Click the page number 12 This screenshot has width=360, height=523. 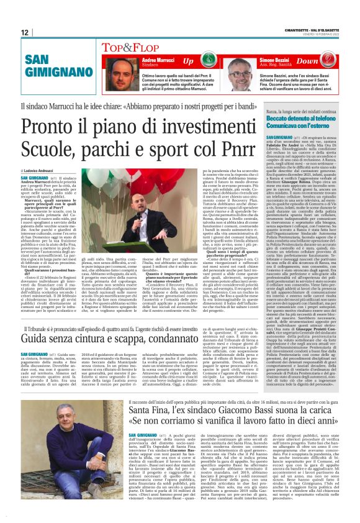(x=24, y=32)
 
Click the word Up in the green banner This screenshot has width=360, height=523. (x=187, y=61)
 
